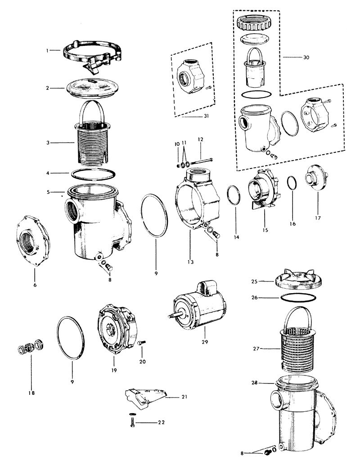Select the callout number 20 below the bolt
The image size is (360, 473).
click(143, 361)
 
